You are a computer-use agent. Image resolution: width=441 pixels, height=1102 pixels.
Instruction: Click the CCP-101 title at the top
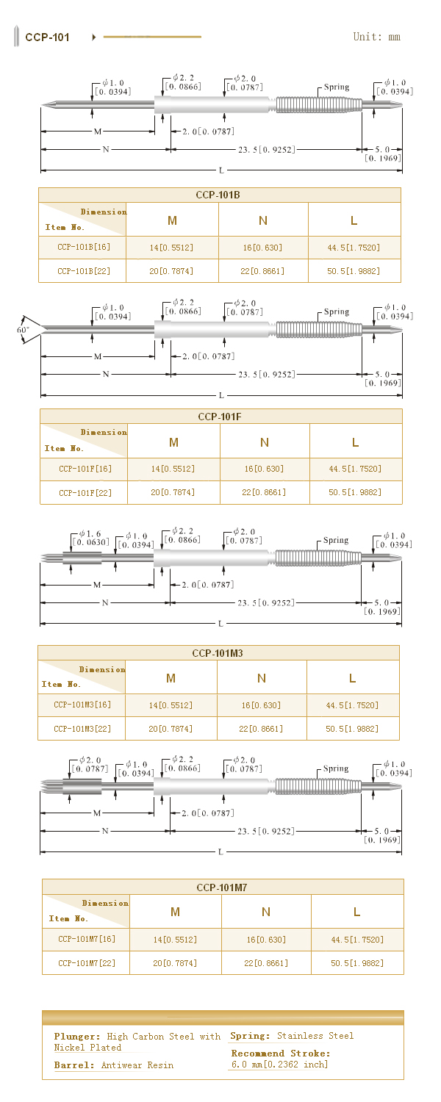click(x=47, y=37)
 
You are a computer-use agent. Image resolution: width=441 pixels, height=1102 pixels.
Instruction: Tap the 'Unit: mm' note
click(x=376, y=37)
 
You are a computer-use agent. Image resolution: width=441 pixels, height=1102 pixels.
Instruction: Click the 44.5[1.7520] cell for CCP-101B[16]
click(x=354, y=248)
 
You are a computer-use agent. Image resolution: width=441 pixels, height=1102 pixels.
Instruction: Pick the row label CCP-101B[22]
click(x=84, y=271)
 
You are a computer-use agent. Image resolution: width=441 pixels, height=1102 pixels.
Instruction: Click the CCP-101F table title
click(x=220, y=417)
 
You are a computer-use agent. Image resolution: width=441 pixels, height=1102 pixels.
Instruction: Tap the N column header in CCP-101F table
click(x=265, y=442)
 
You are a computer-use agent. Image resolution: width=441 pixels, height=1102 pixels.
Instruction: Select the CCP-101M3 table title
click(x=218, y=653)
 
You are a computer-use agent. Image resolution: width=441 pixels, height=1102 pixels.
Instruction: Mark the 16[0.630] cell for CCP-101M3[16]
click(x=262, y=705)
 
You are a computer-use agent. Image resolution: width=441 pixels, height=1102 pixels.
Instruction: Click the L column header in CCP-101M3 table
click(x=353, y=678)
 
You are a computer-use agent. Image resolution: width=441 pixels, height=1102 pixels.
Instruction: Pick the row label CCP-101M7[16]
click(x=87, y=939)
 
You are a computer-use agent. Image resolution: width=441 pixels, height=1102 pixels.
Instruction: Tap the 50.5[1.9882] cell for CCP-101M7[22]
click(x=357, y=962)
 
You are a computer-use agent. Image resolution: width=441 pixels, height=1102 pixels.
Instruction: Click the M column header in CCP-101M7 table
click(x=175, y=912)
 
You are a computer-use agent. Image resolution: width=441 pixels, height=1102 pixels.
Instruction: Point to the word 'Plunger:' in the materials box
click(x=76, y=1037)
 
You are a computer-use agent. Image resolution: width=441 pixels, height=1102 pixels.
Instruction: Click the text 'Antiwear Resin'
click(x=137, y=1065)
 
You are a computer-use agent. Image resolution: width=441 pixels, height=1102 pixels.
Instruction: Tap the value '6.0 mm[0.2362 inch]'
click(x=279, y=1065)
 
